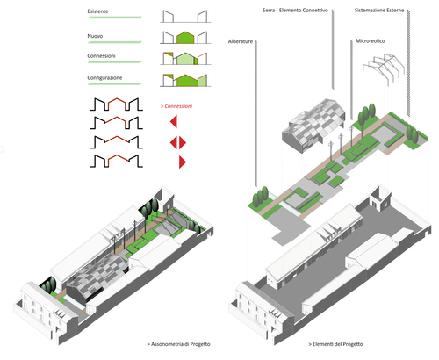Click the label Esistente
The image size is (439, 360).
coord(97,11)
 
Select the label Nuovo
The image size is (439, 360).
coord(95,36)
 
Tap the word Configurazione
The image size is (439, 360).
coord(104,78)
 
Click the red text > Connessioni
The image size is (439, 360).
coord(176,106)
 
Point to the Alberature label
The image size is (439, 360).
coord(241,41)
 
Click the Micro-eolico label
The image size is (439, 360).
coord(371,41)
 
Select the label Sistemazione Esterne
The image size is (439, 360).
coord(379,11)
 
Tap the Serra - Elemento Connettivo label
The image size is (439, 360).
coord(295,11)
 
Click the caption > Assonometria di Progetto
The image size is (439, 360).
coord(178,344)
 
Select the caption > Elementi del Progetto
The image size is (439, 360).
coord(335,344)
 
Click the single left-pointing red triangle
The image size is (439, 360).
coord(174,121)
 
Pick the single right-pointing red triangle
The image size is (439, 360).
coord(183,162)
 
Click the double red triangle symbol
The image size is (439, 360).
coord(178,143)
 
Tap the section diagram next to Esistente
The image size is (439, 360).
coord(185,17)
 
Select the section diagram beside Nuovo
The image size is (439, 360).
coord(185,38)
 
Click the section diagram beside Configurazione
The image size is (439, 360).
coord(185,80)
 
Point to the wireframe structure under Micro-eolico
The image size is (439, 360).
coord(384,69)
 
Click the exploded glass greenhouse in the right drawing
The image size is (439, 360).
coord(313,126)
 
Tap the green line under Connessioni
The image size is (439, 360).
coord(115,62)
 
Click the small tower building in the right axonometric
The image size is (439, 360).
coord(380,198)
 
